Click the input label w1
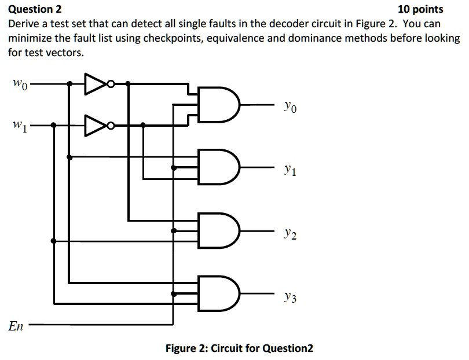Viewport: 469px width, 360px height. point(18,124)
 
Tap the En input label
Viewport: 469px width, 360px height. point(16,326)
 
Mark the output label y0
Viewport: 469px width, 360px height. point(290,106)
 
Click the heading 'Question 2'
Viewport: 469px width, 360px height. point(35,9)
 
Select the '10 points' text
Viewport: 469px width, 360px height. point(421,9)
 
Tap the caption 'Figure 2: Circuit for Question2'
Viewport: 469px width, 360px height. point(239,348)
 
